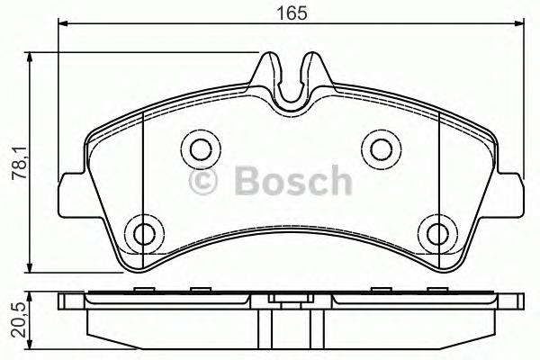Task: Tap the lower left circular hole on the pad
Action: [x=141, y=233]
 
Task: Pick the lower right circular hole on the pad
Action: [x=436, y=233]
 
